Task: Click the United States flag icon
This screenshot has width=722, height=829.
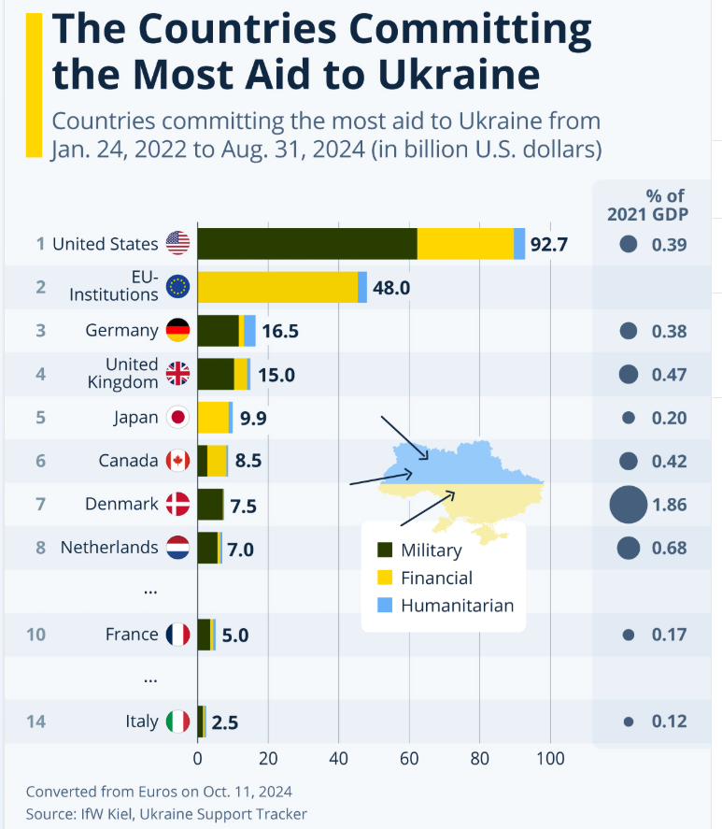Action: [x=177, y=244]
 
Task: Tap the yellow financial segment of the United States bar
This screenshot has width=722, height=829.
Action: [x=465, y=244]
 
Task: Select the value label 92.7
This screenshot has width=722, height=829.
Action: [x=548, y=245]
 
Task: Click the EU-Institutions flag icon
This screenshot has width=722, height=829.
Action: [x=177, y=287]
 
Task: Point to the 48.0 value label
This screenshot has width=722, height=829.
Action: [x=391, y=288]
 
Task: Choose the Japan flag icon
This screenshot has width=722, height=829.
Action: [x=177, y=418]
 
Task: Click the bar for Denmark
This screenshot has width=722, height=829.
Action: [x=210, y=505]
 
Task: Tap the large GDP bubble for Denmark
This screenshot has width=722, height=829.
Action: [x=628, y=505]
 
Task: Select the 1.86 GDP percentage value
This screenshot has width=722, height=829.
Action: [x=669, y=505]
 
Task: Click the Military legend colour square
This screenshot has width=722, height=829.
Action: [x=384, y=550]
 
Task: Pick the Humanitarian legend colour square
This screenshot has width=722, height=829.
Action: [x=384, y=605]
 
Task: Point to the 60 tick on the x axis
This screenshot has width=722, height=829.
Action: [x=409, y=757]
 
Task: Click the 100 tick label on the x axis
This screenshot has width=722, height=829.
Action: [x=550, y=757]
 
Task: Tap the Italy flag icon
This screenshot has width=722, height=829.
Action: [x=177, y=722]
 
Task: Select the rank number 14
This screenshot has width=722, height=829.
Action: [x=35, y=722]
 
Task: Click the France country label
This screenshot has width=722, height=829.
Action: [x=132, y=635]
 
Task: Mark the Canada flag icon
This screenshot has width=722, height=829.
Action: [x=177, y=461]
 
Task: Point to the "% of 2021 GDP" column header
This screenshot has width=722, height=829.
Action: [x=647, y=205]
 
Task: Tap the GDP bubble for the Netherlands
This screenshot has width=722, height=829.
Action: [x=628, y=548]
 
